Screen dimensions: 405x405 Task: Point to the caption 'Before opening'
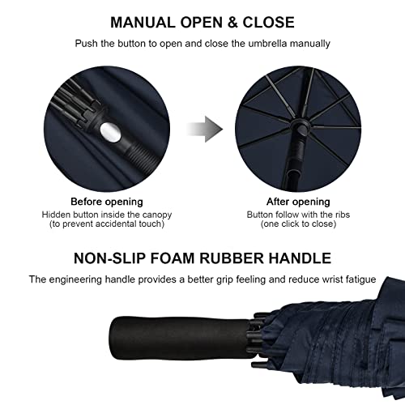[106, 201]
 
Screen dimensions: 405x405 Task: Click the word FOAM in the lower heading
[178, 259]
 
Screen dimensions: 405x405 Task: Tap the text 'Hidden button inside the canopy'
[106, 214]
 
